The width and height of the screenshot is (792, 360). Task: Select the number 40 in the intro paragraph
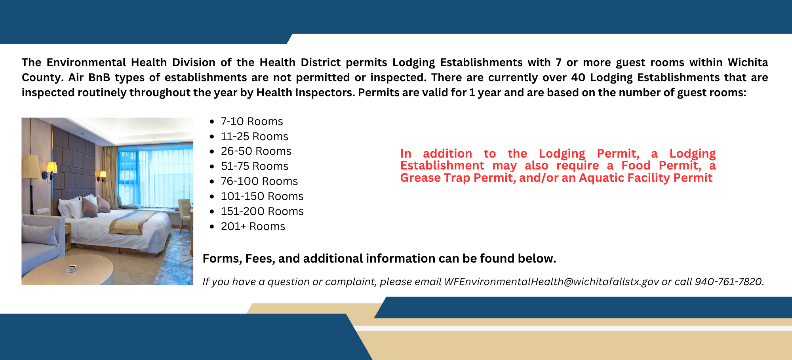(x=578, y=78)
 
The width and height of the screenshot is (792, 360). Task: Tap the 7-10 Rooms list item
(x=252, y=122)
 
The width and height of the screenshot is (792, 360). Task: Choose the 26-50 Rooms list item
(x=256, y=151)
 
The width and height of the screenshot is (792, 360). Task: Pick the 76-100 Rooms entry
(x=259, y=181)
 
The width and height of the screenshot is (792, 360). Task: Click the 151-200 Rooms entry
(x=262, y=211)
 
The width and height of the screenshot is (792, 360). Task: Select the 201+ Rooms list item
(x=253, y=227)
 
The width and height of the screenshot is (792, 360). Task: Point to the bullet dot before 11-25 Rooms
(x=212, y=137)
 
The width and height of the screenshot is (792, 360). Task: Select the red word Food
(x=636, y=166)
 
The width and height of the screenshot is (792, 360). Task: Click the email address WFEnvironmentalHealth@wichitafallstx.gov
(x=551, y=282)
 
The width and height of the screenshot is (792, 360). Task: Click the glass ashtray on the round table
(x=71, y=269)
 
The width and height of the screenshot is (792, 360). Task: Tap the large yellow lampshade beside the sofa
(x=31, y=166)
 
